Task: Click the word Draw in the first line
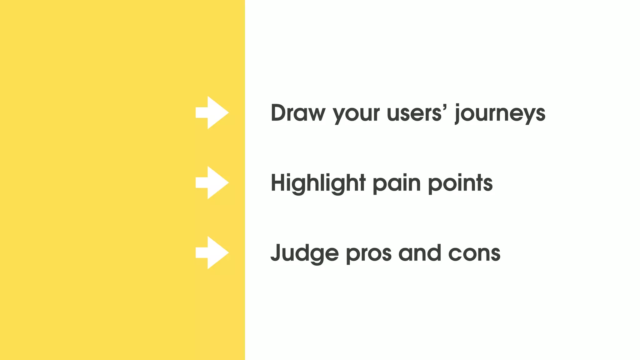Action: (298, 113)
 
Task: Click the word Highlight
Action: (318, 183)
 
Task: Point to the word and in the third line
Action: (420, 253)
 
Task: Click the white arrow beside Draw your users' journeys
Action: (212, 112)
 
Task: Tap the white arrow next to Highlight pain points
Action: (212, 182)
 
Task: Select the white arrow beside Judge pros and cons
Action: (212, 252)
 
